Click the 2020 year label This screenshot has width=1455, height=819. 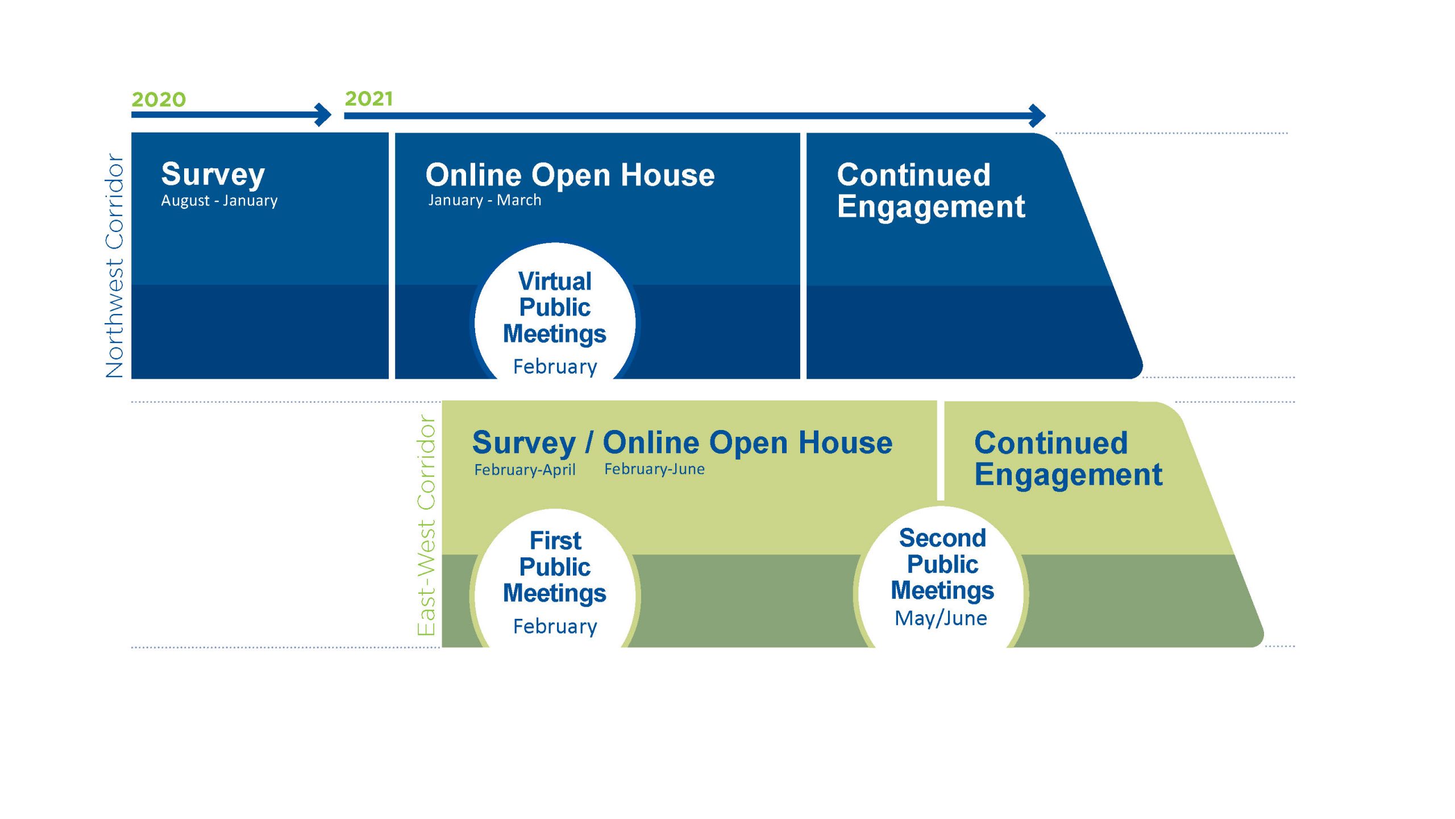click(x=159, y=100)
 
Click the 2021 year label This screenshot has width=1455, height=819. click(x=368, y=99)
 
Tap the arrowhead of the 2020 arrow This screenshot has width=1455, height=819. click(x=325, y=115)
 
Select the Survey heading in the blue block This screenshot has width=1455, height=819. click(x=213, y=174)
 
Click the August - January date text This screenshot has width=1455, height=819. click(x=219, y=201)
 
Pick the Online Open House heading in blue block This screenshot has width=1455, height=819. click(x=570, y=175)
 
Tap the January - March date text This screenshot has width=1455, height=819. click(x=485, y=200)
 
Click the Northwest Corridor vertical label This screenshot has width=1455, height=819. click(x=115, y=266)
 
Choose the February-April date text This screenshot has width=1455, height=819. click(x=525, y=470)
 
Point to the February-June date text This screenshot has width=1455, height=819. click(x=654, y=469)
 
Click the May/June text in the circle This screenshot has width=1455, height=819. click(x=941, y=618)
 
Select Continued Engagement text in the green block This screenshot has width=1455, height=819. click(x=1068, y=458)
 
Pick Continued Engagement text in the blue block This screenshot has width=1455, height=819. click(x=930, y=191)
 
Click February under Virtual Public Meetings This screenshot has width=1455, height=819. click(x=555, y=367)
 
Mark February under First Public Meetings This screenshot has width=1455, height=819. click(x=555, y=626)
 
